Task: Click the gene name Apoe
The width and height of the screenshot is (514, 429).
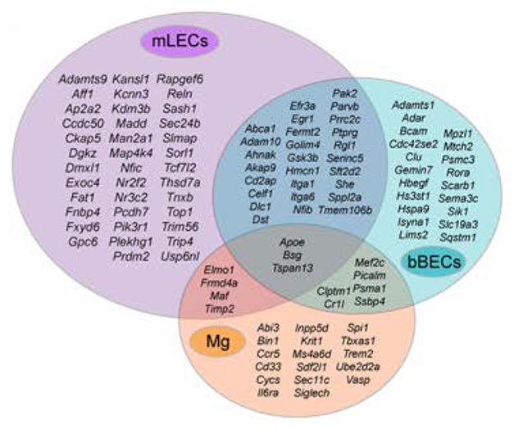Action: coord(292,243)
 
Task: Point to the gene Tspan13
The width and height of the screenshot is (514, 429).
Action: coord(292,268)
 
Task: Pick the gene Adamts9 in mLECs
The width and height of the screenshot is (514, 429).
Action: coord(83,79)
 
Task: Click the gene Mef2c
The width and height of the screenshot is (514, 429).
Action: coord(369,263)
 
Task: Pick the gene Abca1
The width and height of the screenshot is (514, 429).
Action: coord(261,129)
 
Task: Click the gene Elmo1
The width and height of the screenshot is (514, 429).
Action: coord(219,269)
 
